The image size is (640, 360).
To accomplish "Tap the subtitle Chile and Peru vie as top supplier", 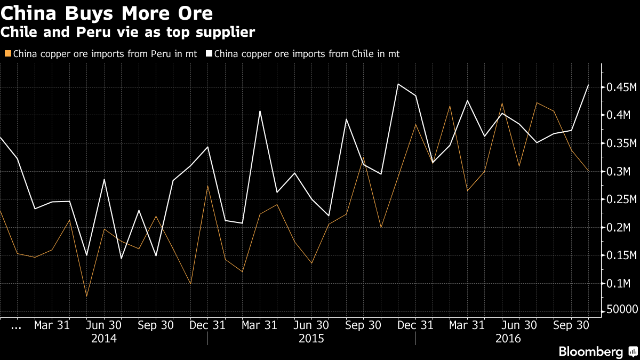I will click(x=127, y=33).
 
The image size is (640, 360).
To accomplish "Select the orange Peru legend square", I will click(x=7, y=54).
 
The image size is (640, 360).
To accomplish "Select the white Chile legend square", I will click(x=210, y=54).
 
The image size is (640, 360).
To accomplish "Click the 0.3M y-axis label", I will click(x=620, y=171).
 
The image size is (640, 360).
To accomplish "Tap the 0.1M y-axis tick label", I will click(x=620, y=284).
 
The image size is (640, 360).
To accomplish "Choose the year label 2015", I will click(x=312, y=338).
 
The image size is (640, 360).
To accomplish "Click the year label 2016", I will click(x=508, y=338).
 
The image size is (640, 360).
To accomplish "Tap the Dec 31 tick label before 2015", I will click(x=208, y=325).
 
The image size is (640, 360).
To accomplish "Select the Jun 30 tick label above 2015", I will click(x=312, y=325).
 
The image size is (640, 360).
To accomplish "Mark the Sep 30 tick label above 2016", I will click(x=572, y=325).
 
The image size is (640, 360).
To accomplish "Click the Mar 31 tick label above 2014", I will click(x=52, y=325).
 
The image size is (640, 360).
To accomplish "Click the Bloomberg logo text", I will click(x=590, y=352).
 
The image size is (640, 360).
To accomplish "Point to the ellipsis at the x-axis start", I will click(x=16, y=326).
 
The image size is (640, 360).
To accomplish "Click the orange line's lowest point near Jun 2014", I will click(x=86, y=296).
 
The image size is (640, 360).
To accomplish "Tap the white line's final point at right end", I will click(x=588, y=85).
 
